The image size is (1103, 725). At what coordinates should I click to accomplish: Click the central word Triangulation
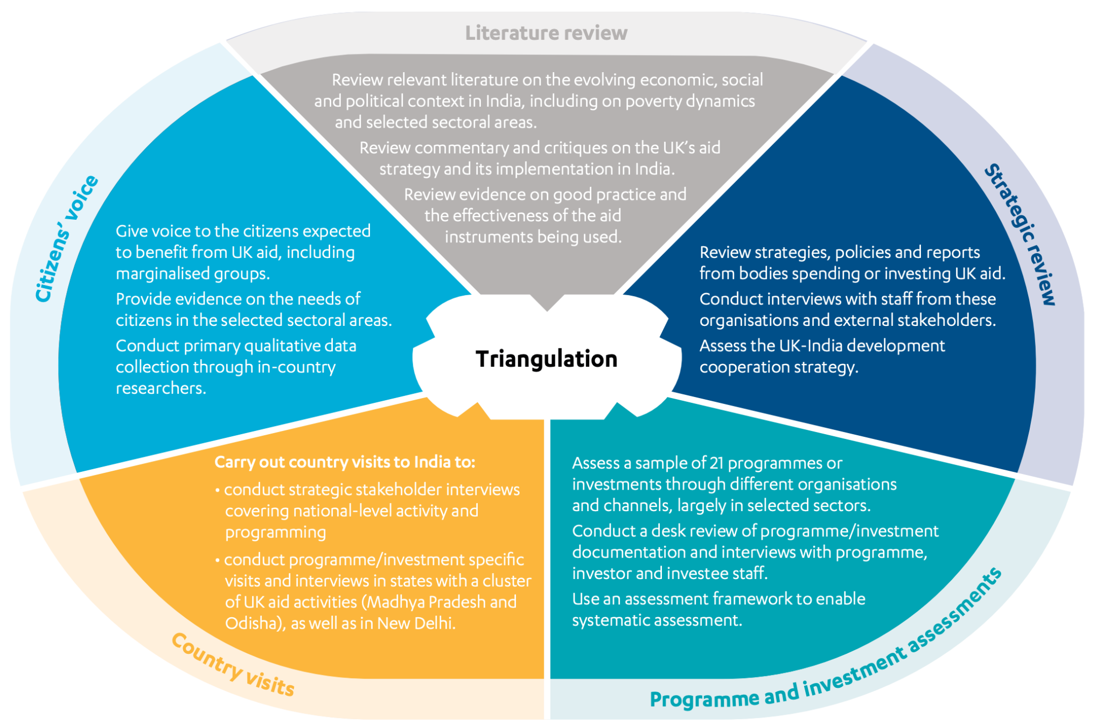point(546,359)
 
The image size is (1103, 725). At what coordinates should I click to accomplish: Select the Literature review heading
point(546,33)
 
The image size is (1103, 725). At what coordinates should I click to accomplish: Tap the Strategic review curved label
point(1020,234)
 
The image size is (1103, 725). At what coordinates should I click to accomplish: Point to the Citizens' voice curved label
point(67,239)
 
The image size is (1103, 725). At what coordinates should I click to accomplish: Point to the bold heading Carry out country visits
point(345,462)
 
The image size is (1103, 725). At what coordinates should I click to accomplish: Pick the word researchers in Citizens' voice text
point(160,388)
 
